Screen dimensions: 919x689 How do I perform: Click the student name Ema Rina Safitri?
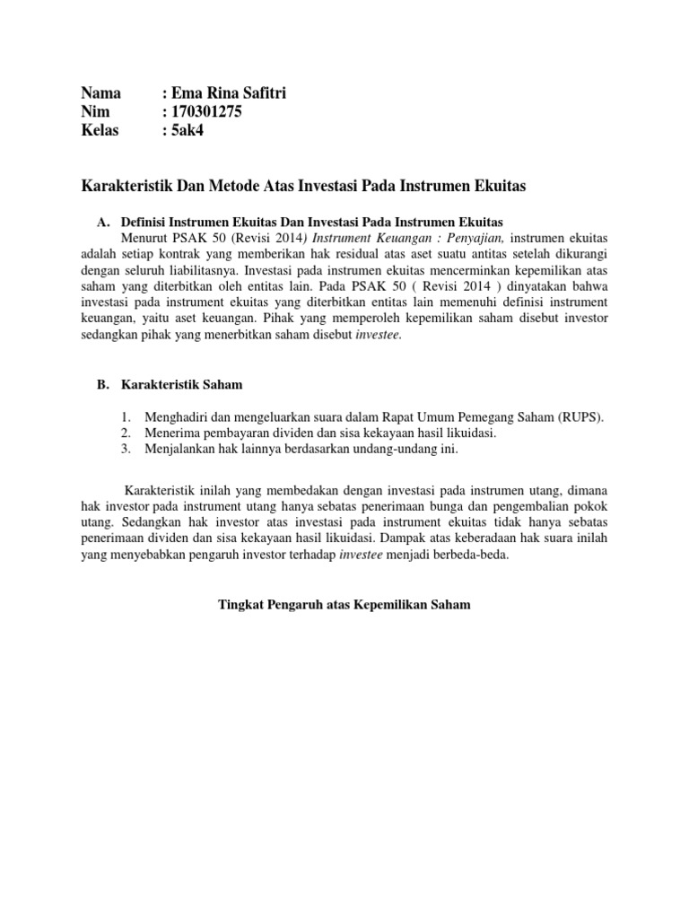tap(228, 93)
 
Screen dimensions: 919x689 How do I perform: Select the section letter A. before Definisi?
tap(102, 221)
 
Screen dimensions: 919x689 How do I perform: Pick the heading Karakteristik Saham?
tap(181, 384)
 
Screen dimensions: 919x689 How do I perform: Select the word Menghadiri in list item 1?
tap(178, 417)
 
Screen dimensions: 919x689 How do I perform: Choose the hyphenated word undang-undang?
tap(403, 450)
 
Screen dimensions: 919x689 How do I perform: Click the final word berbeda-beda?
tap(482, 556)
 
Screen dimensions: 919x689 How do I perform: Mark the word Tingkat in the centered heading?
tap(240, 605)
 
